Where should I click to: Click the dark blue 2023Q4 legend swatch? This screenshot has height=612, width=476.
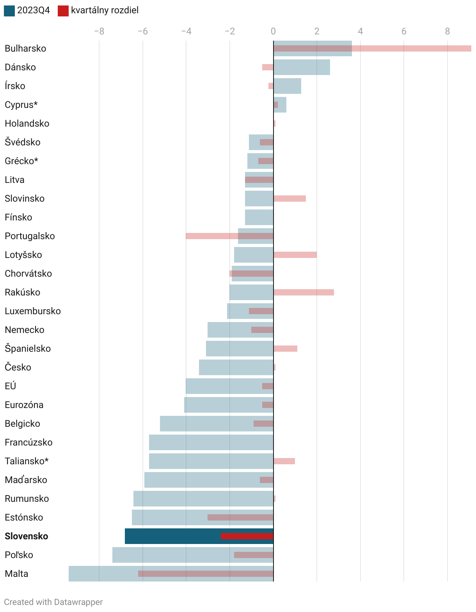[9, 11]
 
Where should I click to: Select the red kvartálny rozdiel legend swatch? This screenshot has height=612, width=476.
[63, 11]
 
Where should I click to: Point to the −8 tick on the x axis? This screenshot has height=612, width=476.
[99, 31]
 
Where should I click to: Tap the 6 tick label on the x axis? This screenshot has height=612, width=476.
[404, 31]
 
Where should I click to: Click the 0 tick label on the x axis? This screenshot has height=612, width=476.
[273, 31]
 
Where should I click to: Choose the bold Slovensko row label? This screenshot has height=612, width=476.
[27, 536]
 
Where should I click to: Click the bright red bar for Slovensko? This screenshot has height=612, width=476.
[247, 536]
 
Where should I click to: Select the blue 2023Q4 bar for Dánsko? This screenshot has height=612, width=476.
[302, 67]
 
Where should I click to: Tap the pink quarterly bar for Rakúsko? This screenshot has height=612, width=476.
[304, 292]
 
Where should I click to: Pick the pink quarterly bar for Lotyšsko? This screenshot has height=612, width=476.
[295, 255]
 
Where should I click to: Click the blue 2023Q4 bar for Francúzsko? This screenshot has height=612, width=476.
[211, 442]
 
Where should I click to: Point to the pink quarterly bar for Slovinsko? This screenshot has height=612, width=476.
[290, 199]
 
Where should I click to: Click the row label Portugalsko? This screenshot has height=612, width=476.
[30, 236]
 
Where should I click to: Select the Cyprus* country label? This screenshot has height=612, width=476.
[21, 105]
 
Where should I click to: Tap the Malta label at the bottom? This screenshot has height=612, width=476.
[16, 574]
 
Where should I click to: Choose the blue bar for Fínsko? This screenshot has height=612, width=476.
[259, 217]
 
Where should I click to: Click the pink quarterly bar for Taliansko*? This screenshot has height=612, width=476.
[284, 461]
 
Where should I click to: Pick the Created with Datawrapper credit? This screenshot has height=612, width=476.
[53, 602]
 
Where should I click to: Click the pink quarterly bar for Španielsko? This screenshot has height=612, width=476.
[285, 349]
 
